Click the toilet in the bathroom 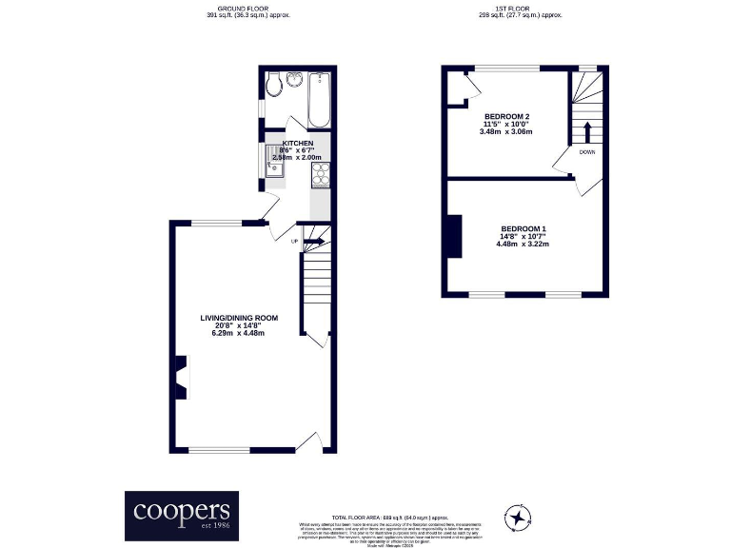[273, 87]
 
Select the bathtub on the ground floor [319, 100]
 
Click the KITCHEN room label [297, 143]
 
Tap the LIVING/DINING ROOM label [238, 317]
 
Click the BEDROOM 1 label [523, 228]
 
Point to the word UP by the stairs [294, 242]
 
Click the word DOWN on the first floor [587, 151]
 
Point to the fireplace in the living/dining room [181, 375]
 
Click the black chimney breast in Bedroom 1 [453, 236]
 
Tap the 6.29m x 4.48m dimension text [238, 333]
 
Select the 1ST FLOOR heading [521, 9]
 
